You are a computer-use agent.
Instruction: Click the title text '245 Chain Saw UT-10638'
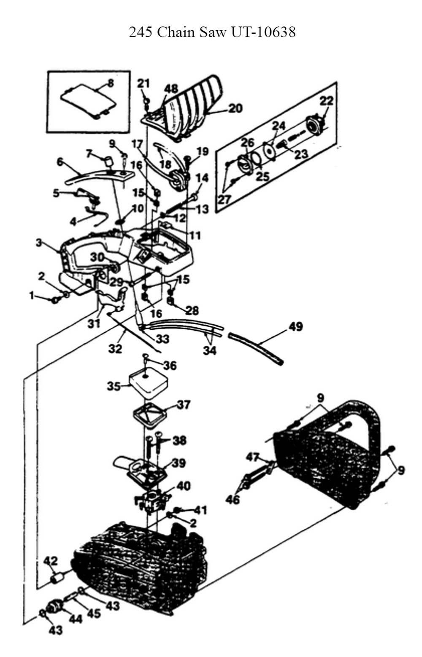pos(212,32)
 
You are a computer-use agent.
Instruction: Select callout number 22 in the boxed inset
pos(326,101)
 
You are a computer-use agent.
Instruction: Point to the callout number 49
pos(295,326)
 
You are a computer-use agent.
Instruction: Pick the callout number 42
pos(51,561)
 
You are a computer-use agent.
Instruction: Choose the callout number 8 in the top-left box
pos(110,83)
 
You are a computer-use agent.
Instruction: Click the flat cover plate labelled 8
pos(88,102)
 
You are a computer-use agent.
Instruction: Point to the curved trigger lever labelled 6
pos(99,177)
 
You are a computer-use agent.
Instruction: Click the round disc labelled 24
pos(268,151)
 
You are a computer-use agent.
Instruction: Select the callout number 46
pos(233,499)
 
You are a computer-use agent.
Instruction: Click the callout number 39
pos(179,463)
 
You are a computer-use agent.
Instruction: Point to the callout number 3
pos(39,243)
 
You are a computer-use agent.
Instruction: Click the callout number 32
pos(115,349)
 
